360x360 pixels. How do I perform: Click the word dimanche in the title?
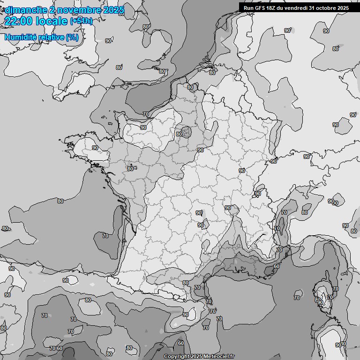26,10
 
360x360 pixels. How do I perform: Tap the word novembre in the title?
80,10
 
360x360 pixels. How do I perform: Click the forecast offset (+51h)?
82,22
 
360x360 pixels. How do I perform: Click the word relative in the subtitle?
53,37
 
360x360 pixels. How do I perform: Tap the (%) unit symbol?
72,37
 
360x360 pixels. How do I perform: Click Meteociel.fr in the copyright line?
219,357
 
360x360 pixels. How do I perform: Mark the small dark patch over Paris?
187,132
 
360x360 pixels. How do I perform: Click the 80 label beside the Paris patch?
179,134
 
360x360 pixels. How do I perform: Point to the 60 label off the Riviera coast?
277,266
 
